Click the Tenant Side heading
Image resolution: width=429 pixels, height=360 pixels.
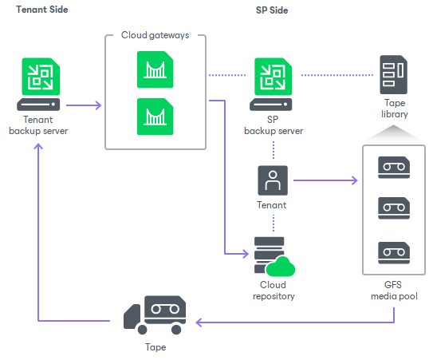pos(41,10)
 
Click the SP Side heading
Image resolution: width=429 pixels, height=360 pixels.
pos(272,10)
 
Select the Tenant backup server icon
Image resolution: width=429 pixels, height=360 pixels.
pos(38,84)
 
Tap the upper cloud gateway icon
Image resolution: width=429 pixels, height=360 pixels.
pos(155,69)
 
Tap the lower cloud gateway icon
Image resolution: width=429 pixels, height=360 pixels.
pos(155,117)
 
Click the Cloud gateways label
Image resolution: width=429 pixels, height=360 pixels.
pos(155,35)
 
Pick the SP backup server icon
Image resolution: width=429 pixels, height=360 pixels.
pos(271,84)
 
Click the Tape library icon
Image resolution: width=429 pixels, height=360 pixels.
pos(393,74)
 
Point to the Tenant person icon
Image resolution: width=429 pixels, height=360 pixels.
pos(273,180)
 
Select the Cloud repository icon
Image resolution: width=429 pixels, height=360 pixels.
pos(274,256)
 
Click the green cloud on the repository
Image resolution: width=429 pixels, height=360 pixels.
pos(281,267)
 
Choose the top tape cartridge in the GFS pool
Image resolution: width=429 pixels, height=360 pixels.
pos(394,168)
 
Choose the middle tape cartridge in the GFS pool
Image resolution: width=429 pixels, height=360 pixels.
pos(394,208)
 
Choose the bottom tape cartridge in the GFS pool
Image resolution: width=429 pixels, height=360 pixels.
pos(394,253)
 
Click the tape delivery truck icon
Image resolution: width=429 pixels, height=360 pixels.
pos(155,315)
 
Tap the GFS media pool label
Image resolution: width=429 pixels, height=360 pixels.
pos(394,291)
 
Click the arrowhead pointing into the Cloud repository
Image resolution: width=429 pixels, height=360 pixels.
pos(246,254)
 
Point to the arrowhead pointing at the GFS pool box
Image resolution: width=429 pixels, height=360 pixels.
pos(355,180)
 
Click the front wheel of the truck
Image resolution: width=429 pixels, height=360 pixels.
pos(142,330)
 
